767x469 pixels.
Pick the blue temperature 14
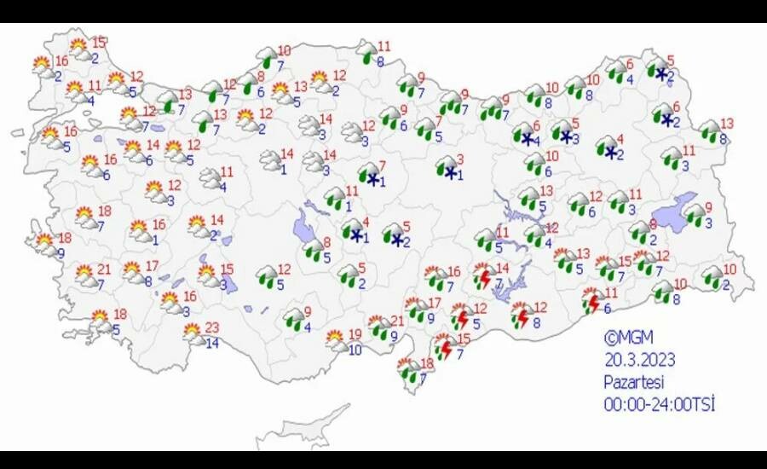click(x=212, y=344)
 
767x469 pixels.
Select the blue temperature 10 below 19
click(x=355, y=350)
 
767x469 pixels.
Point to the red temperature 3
click(x=459, y=159)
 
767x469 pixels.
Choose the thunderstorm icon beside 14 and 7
click(x=484, y=277)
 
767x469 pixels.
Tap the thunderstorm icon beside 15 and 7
click(x=443, y=348)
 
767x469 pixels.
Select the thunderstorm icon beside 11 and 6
click(x=590, y=301)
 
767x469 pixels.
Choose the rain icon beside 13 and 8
click(x=708, y=130)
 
